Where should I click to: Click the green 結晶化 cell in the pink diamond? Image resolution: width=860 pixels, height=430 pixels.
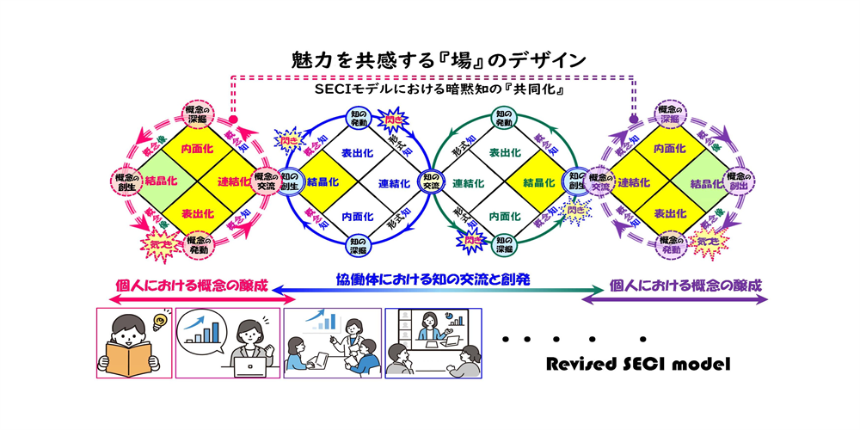[163, 181]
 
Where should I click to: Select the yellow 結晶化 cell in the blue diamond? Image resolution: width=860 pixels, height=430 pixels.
[322, 182]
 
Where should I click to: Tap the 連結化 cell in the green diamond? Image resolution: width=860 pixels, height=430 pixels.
[469, 183]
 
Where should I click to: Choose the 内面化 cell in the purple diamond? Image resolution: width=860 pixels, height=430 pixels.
[669, 149]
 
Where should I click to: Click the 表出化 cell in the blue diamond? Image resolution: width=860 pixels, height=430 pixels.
[357, 152]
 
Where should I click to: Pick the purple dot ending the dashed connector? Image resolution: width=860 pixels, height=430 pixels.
[634, 120]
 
